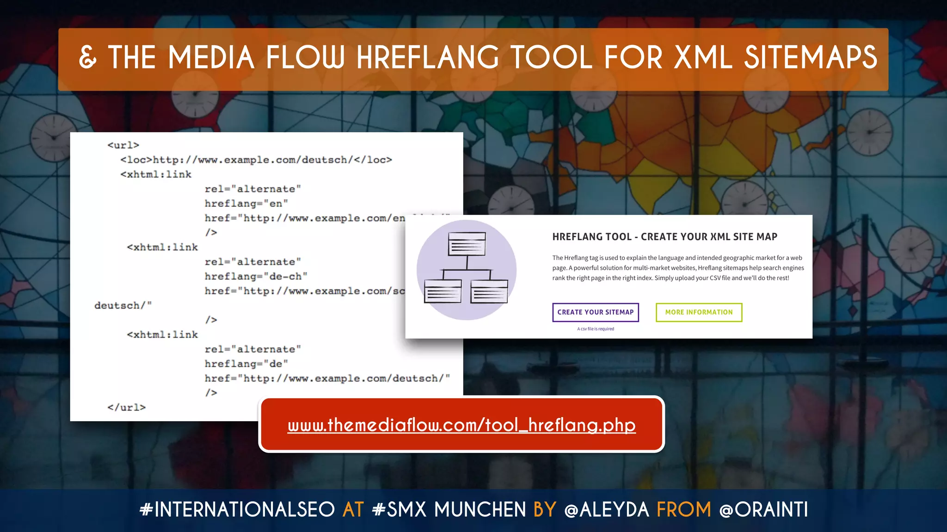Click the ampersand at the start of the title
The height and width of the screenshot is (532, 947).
[x=88, y=58]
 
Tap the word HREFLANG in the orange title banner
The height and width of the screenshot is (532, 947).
[x=428, y=58]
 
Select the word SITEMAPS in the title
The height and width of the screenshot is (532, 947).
[x=810, y=58]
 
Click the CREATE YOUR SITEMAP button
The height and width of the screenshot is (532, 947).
[x=596, y=312]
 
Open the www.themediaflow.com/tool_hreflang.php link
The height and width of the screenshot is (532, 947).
[x=461, y=425]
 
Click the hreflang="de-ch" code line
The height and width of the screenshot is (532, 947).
[x=256, y=276]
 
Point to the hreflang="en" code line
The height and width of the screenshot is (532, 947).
[x=246, y=203]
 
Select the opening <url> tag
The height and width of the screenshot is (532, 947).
[x=123, y=145]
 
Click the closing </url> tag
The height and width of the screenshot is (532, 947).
[x=126, y=407]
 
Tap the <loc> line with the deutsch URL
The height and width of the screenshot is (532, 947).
[x=256, y=160]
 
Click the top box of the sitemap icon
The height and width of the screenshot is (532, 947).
[x=467, y=244]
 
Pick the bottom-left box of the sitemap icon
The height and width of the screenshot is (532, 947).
[x=443, y=291]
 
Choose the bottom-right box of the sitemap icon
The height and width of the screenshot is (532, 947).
[x=489, y=291]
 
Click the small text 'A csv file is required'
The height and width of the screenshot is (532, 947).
[x=596, y=329]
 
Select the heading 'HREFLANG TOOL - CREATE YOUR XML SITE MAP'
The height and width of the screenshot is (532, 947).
[x=664, y=237]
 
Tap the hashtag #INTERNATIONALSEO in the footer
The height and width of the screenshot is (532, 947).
[x=237, y=510]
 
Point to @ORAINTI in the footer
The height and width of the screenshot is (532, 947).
[x=764, y=510]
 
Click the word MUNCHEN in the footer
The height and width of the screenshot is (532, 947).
[x=480, y=510]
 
